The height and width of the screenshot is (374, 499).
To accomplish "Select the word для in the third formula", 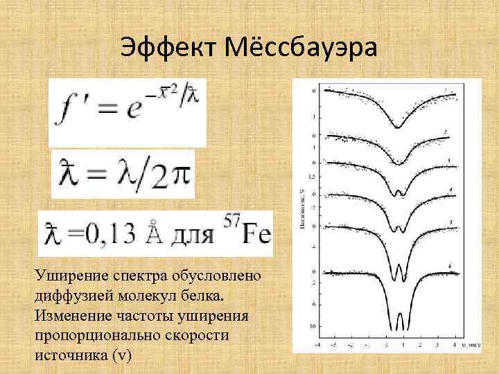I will tap(191, 235).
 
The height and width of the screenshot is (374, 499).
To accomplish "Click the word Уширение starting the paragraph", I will tap(67, 276).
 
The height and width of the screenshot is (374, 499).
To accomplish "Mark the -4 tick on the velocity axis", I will tap(317, 344).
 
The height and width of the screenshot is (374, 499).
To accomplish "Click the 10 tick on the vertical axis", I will tap(313, 325).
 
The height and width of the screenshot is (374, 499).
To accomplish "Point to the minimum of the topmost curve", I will tap(398, 127).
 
